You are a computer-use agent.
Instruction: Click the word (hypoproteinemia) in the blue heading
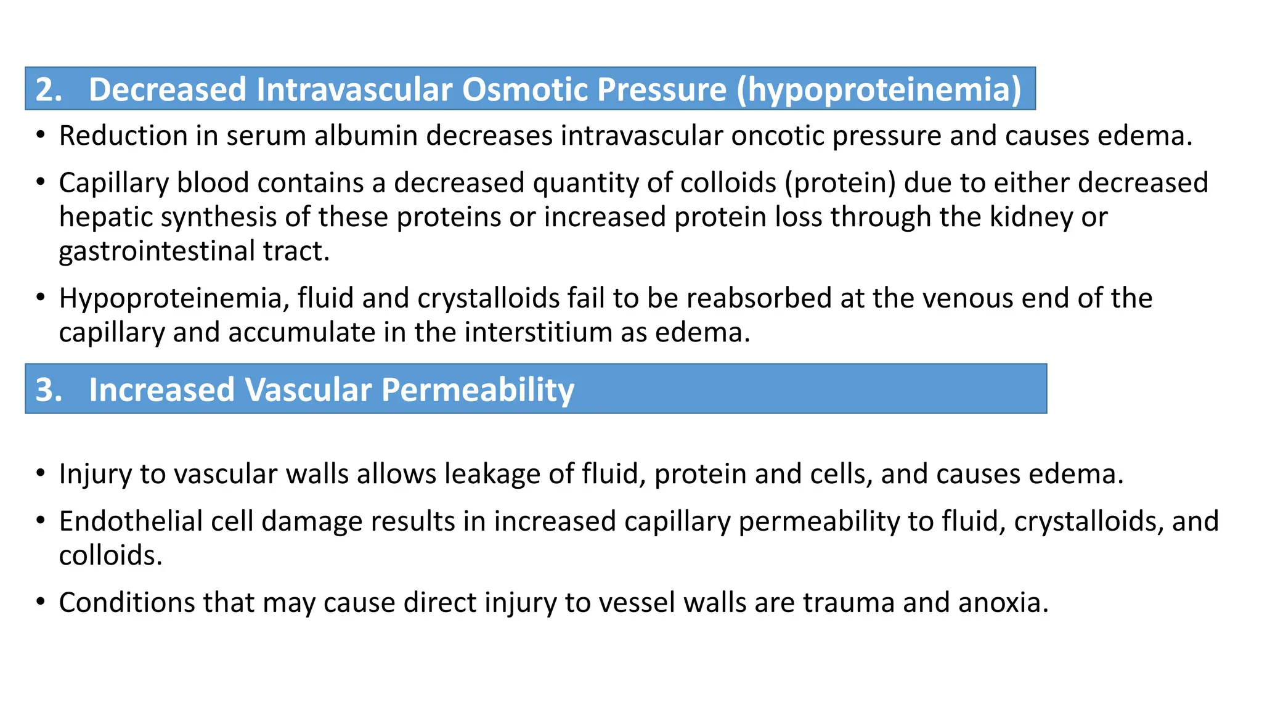(879, 89)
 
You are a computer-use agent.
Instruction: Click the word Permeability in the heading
(478, 390)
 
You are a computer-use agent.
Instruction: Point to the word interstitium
(538, 333)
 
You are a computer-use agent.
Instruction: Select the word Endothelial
(131, 521)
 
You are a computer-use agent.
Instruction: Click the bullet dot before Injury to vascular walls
(41, 473)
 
